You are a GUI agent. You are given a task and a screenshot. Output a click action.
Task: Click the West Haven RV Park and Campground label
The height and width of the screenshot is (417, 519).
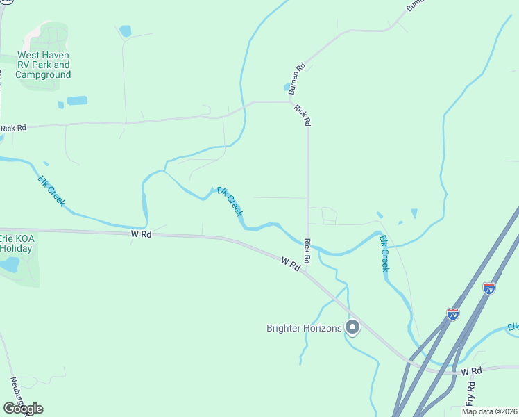click(43, 65)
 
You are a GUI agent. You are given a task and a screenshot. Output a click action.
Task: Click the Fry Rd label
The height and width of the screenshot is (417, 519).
click(470, 394)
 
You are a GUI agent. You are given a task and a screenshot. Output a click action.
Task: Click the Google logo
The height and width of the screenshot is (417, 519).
click(23, 409)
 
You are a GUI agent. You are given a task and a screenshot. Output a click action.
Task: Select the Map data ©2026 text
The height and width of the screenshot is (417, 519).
click(489, 411)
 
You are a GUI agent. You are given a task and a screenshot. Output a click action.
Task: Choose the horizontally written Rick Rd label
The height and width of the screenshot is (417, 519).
click(13, 128)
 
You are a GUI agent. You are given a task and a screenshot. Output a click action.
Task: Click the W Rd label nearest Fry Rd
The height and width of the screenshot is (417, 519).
click(470, 372)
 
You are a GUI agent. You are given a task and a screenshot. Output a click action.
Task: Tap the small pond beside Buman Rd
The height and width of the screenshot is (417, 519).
click(287, 88)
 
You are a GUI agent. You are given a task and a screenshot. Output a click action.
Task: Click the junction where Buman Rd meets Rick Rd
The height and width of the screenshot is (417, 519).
click(291, 101)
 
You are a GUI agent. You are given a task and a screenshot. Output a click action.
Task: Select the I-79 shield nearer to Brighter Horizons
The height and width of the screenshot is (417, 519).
click(453, 314)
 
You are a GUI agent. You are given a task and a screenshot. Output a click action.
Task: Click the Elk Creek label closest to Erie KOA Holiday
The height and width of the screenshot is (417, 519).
click(52, 189)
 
